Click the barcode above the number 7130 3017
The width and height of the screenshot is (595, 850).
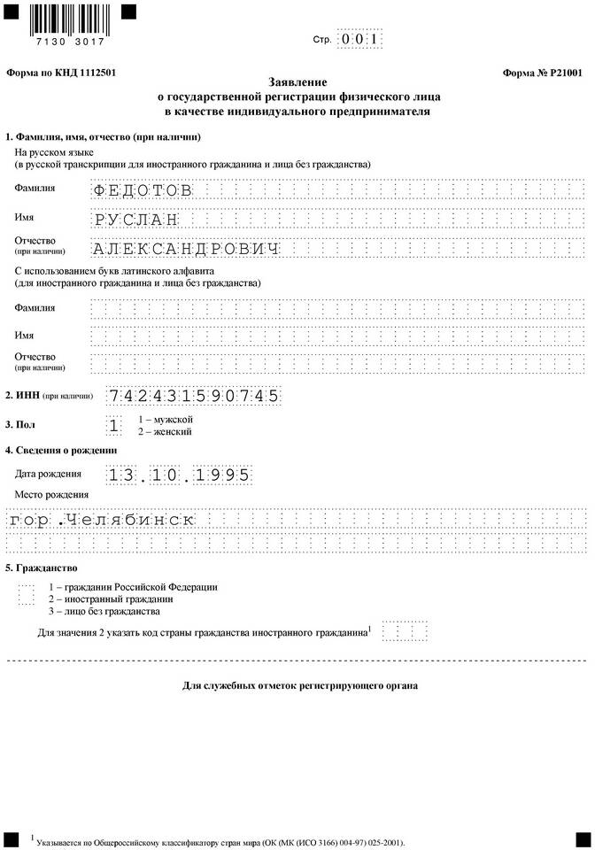pos(67,17)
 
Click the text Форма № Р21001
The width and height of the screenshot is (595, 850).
pos(542,73)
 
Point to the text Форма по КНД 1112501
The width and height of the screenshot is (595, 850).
pos(61,73)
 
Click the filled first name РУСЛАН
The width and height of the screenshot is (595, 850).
pos(135,219)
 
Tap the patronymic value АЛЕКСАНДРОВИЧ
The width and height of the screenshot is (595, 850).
pos(186,249)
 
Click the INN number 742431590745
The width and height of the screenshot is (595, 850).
pos(194,396)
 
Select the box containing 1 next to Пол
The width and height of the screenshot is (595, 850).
pos(113,425)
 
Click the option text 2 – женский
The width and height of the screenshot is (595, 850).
pos(164,431)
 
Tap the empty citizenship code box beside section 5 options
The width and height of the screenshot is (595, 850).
pos(26,594)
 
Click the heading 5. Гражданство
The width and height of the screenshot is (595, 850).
pos(42,567)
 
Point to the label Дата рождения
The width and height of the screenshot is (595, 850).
pos(48,474)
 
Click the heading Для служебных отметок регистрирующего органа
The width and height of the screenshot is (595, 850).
pos(299,685)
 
